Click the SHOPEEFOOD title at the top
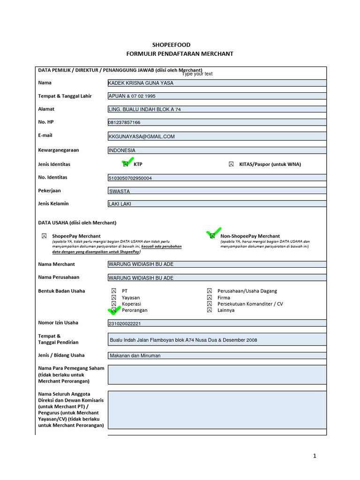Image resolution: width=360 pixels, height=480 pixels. [x=180, y=45]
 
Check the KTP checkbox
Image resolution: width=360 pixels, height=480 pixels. [x=126, y=165]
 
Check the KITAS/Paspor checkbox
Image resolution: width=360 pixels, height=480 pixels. [x=231, y=165]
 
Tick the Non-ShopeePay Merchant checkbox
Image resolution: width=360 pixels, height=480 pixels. [x=212, y=236]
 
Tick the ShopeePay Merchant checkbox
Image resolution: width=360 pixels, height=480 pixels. [x=44, y=236]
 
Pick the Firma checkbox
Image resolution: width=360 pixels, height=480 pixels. [x=210, y=298]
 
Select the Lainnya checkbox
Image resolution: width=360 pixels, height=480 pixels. [x=210, y=310]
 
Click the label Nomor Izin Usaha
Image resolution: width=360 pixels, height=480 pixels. [x=58, y=323]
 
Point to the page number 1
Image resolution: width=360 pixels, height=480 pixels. [x=315, y=456]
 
